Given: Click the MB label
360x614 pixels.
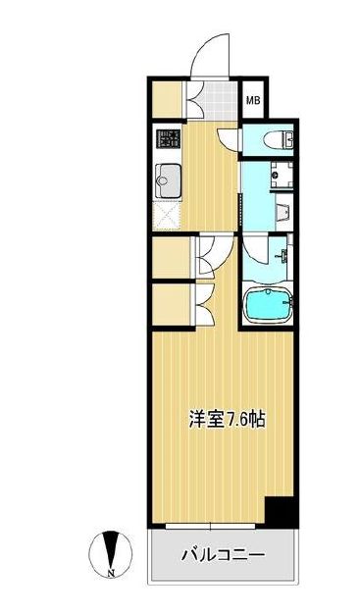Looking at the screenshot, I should (252, 99).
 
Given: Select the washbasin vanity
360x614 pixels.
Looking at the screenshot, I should (283, 212).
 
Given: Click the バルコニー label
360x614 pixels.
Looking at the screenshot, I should (223, 555).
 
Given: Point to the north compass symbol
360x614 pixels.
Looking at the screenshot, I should (109, 547).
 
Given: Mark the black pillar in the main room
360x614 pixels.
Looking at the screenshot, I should (281, 512).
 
